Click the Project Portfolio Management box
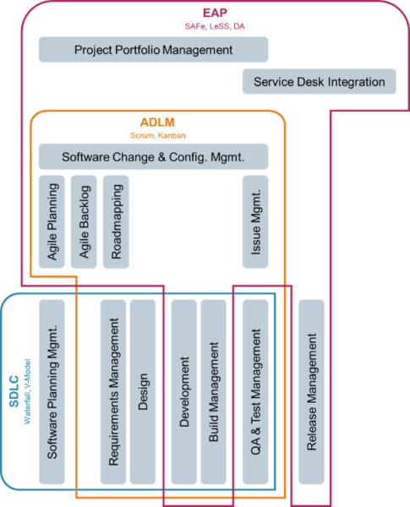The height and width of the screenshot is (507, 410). (153, 50)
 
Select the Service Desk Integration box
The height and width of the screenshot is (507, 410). (319, 82)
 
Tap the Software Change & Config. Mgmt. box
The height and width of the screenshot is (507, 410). (153, 156)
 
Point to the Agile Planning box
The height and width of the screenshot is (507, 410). (52, 221)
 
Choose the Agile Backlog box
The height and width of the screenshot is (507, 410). (84, 221)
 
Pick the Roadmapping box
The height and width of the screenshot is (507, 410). (116, 221)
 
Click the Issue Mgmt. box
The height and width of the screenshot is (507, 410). (255, 221)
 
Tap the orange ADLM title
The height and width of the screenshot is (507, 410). (157, 123)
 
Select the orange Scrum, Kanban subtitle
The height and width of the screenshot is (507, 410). (157, 134)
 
